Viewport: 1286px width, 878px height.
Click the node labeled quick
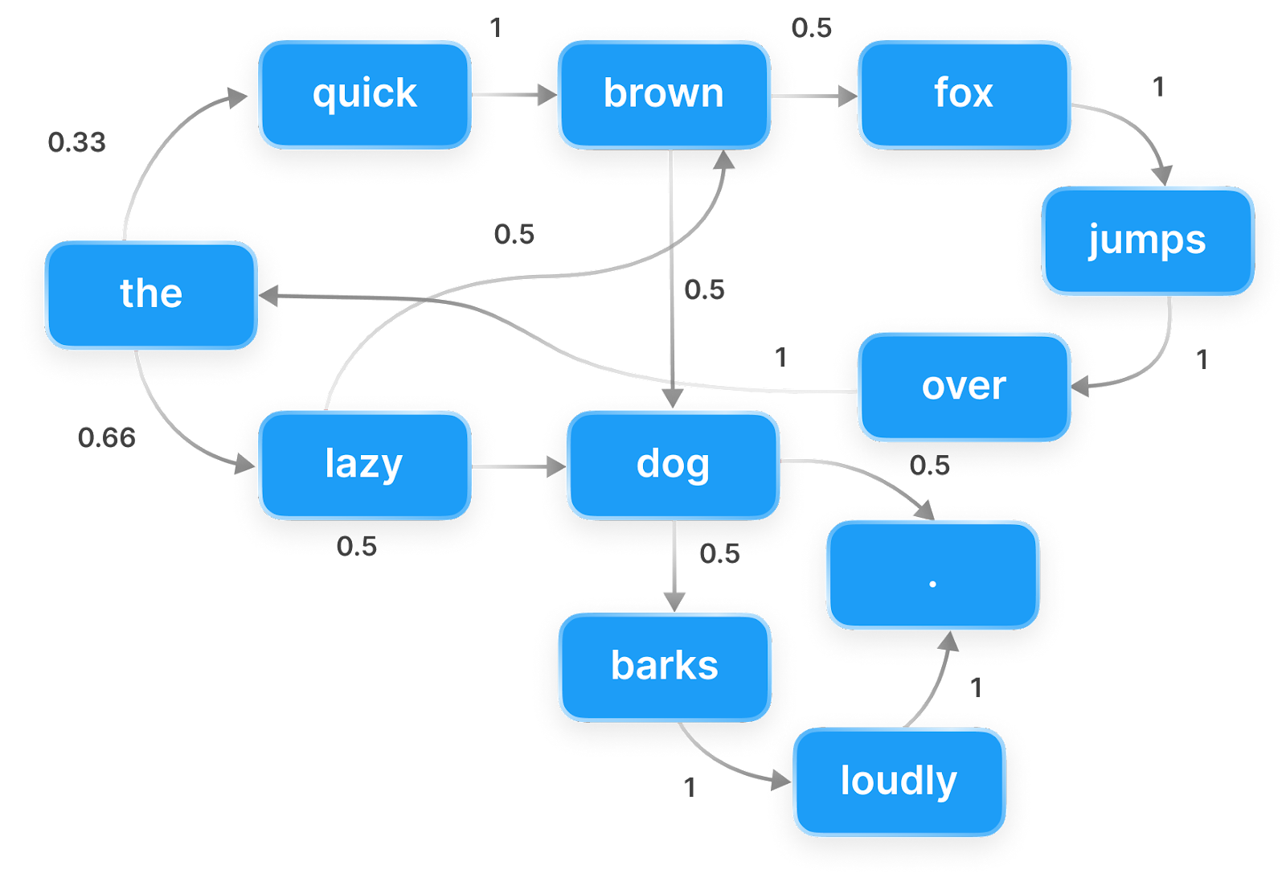pos(364,95)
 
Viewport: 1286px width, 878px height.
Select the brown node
pos(664,95)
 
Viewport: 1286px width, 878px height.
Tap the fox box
pos(964,95)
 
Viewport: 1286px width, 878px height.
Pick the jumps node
pos(1148,240)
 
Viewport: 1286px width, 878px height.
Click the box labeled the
pos(151,294)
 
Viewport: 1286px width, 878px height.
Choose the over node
pos(964,387)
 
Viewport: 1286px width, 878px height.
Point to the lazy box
pos(364,465)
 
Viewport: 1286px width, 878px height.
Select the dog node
pos(673,465)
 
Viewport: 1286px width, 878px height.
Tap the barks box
pos(665,667)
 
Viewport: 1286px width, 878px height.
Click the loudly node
pos(899,782)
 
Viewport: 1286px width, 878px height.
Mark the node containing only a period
pos(932,574)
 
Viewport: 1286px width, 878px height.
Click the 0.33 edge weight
pos(76,142)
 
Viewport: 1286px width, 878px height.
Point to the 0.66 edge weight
pos(107,437)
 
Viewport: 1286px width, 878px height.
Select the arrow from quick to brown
pos(514,96)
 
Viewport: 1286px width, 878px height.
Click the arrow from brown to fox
pos(813,96)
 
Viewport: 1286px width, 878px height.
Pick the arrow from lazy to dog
pos(518,466)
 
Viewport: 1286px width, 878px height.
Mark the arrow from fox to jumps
pos(1133,129)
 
